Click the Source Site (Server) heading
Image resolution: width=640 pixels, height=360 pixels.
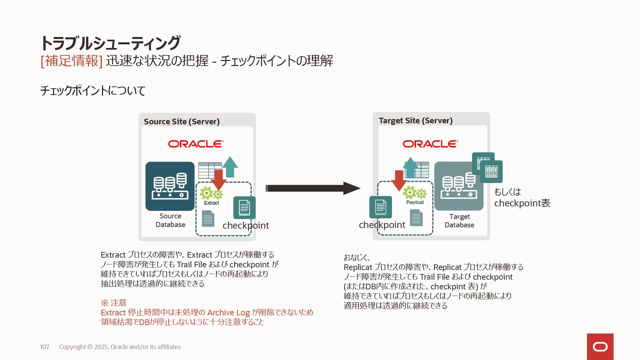click(182, 122)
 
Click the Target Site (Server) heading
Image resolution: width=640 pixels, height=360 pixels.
click(415, 121)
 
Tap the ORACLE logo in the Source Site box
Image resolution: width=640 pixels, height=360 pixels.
click(196, 144)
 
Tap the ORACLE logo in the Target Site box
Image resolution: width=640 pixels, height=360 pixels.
click(430, 144)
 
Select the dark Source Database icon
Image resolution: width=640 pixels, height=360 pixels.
click(170, 186)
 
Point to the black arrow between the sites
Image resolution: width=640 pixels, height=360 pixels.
click(312, 188)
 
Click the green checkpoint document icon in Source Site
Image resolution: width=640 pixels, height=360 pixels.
click(244, 208)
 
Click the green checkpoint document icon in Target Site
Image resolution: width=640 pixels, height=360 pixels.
click(380, 207)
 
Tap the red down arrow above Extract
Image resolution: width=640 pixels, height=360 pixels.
click(219, 179)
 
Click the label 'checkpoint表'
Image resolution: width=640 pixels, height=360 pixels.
click(522, 203)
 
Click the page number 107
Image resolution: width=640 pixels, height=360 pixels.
click(44, 347)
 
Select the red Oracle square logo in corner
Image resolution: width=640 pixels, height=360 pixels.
click(600, 347)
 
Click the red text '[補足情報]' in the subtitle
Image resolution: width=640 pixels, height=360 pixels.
click(71, 61)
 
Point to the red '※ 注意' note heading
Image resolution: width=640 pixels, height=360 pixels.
click(114, 303)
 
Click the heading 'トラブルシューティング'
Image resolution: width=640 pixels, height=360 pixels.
click(110, 43)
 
